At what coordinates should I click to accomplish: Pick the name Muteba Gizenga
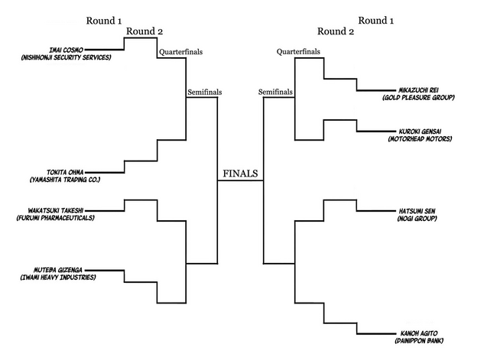pyautogui.click(x=62, y=270)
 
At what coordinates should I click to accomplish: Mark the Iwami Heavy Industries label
pyautogui.click(x=58, y=277)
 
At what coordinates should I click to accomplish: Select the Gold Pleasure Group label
pyautogui.click(x=418, y=98)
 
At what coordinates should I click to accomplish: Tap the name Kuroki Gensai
pyautogui.click(x=421, y=131)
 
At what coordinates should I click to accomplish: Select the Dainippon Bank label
pyautogui.click(x=417, y=341)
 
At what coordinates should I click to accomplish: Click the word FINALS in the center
pyautogui.click(x=240, y=174)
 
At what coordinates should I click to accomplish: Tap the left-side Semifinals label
pyautogui.click(x=204, y=92)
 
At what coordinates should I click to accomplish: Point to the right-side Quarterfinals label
pyautogui.click(x=298, y=51)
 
